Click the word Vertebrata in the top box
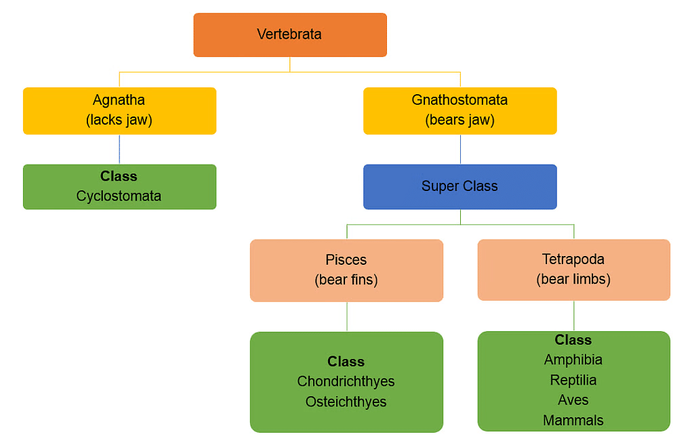[289, 34]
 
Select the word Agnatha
[119, 100]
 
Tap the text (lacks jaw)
[119, 120]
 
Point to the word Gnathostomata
[460, 100]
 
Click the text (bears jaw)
[460, 120]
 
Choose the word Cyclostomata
[119, 196]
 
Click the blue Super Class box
[460, 186]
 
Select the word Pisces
[346, 259]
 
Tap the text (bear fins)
[346, 280]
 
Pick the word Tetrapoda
[573, 259]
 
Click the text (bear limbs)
[573, 279]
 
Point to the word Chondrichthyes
[346, 381]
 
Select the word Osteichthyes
[346, 402]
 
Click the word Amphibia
[573, 360]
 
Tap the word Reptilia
[573, 380]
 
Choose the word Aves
[573, 400]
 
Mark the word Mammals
[573, 421]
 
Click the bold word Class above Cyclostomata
[119, 176]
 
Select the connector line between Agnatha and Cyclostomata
[120, 149]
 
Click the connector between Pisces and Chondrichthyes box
[347, 316]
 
